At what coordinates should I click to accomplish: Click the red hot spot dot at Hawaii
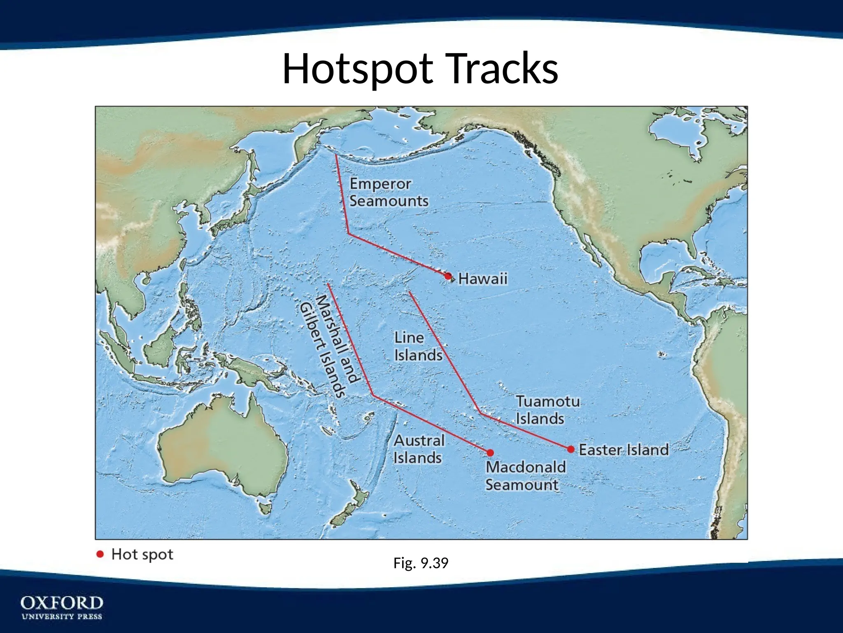pos(448,277)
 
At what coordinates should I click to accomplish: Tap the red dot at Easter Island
pos(571,449)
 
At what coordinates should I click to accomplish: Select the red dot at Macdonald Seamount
pos(490,453)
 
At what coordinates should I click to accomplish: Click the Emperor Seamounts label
pos(389,192)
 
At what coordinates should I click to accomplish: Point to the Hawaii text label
pos(483,279)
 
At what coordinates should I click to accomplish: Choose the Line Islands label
pos(418,347)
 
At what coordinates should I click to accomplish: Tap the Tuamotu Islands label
pos(547,410)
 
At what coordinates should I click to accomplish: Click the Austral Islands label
pos(419,449)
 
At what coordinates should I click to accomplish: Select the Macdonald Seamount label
pos(525,476)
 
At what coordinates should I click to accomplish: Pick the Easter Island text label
pos(624,450)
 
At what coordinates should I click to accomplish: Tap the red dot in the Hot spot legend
pos(100,554)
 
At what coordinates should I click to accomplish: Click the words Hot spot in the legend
pos(142,555)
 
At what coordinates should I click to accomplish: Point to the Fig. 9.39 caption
pos(421,563)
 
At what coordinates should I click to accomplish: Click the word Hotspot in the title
pos(357,69)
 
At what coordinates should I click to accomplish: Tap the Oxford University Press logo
pos(62,607)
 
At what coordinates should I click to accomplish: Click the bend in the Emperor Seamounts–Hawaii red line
pos(349,234)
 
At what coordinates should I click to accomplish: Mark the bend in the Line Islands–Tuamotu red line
pos(480,413)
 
